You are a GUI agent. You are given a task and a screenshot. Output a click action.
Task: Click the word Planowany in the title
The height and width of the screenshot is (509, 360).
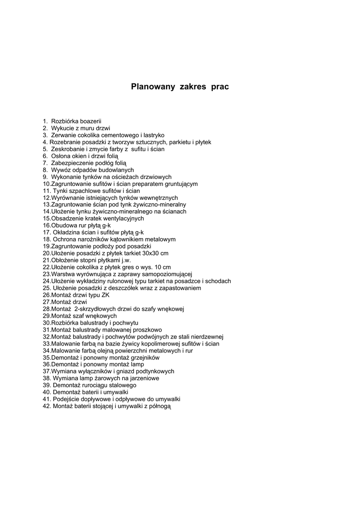[x=153, y=87]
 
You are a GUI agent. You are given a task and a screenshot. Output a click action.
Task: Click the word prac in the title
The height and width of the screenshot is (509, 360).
[x=220, y=87]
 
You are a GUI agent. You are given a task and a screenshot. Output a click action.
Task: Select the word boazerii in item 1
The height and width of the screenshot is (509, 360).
[x=90, y=121]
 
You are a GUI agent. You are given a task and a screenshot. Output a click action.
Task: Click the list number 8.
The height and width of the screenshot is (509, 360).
[x=45, y=170]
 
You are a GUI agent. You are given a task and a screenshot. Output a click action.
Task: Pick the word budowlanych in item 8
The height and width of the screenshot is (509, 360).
[x=116, y=170]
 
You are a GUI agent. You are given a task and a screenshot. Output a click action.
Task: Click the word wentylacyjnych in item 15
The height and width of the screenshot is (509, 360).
[x=120, y=219]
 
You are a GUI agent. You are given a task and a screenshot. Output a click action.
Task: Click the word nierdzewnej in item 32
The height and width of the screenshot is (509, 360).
[x=207, y=337]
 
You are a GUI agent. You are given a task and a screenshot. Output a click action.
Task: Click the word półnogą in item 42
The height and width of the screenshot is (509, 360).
[x=160, y=407]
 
